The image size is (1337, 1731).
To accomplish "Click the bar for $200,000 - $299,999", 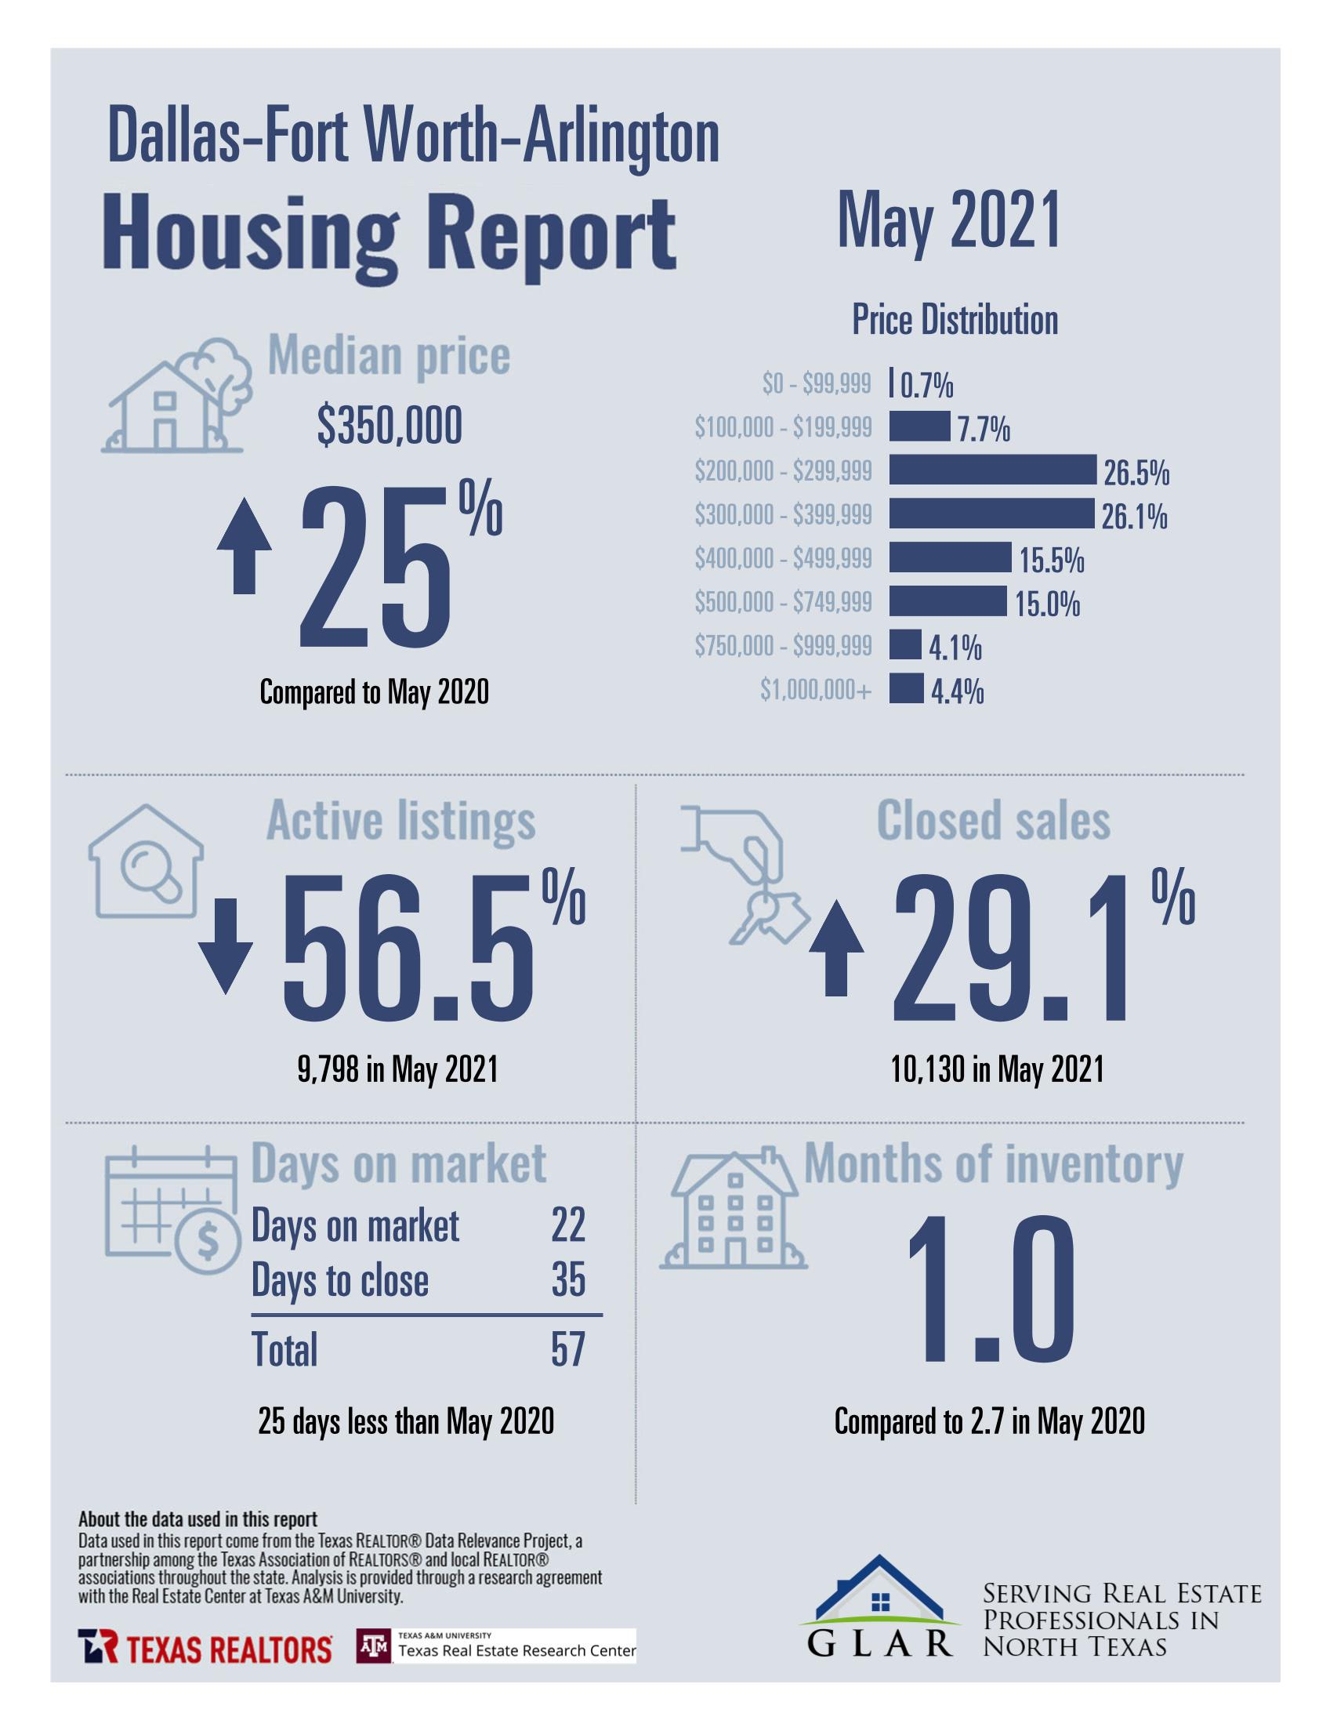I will point(991,470).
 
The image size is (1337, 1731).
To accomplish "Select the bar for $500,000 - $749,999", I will point(947,601).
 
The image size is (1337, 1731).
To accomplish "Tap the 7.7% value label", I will point(983,430).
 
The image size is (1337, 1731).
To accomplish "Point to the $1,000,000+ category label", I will point(816,691).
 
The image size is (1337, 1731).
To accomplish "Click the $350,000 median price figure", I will point(390,426).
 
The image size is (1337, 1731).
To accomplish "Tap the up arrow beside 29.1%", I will point(836,950).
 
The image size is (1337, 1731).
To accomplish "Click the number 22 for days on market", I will point(568,1225).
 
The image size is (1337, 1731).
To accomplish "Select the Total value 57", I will point(568,1349).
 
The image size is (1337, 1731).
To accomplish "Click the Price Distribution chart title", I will point(955,320).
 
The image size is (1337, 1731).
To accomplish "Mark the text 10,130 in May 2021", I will point(996,1070).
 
